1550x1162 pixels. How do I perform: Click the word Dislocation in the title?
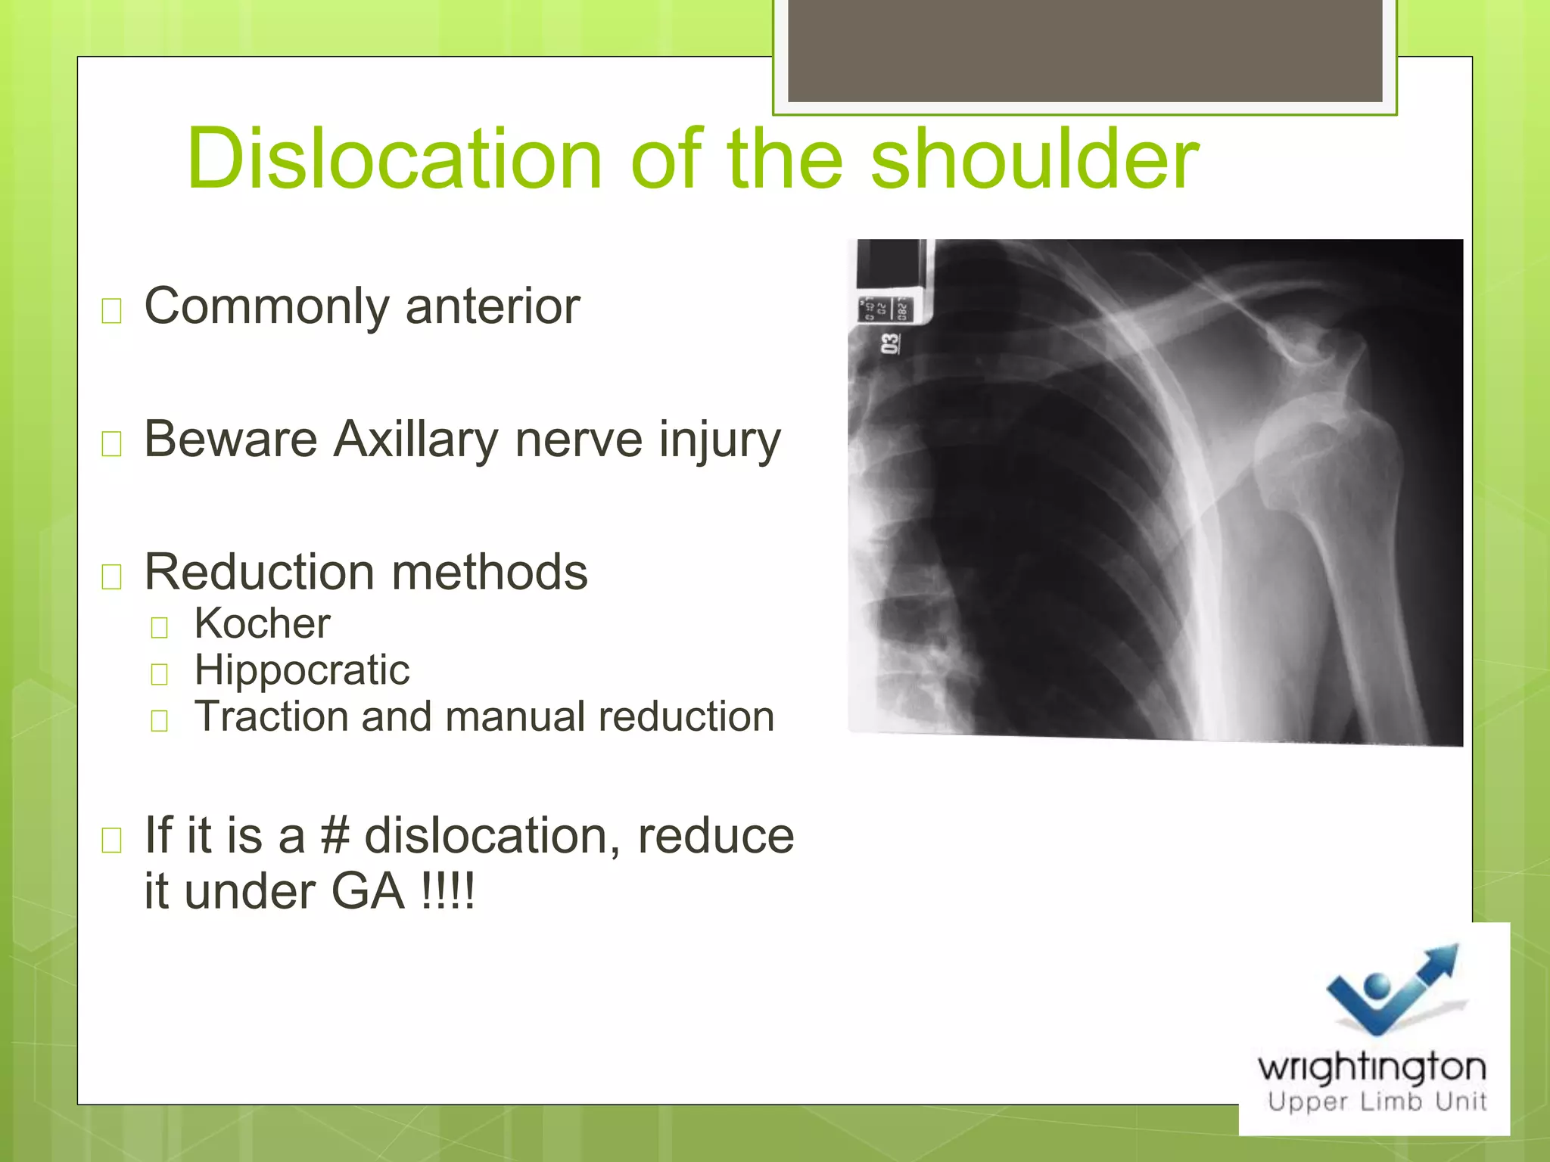394,160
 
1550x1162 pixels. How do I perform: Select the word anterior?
493,306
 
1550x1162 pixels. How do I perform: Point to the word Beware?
230,440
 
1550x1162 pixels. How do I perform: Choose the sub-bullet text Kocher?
262,623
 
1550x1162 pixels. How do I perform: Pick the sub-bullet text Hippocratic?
302,670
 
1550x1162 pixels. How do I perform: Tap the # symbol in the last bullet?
335,836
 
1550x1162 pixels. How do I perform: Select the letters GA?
368,892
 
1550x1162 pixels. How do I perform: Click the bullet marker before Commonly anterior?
112,310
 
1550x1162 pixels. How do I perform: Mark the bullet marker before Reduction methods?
112,576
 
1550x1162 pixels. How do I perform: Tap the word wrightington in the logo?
1371,1067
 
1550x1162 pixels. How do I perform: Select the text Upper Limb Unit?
1377,1101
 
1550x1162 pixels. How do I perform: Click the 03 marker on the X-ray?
890,344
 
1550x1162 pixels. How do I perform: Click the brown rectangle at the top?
1085,50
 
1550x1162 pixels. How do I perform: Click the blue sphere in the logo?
1377,986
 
